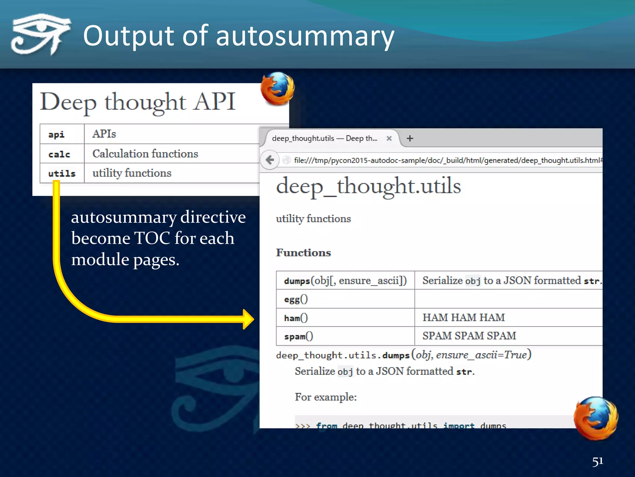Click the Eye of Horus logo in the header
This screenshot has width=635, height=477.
pyautogui.click(x=40, y=34)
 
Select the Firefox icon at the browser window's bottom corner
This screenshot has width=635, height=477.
pyautogui.click(x=595, y=418)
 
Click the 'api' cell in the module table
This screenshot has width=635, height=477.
pyautogui.click(x=56, y=134)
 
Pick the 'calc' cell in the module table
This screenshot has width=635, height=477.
pyautogui.click(x=59, y=154)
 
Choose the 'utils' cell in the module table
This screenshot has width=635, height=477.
pyautogui.click(x=62, y=173)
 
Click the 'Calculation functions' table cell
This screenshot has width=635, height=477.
pyautogui.click(x=145, y=154)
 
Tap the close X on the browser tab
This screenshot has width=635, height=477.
pyautogui.click(x=389, y=139)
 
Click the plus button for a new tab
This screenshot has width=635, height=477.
pyautogui.click(x=410, y=139)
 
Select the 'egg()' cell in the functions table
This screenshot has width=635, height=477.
pyautogui.click(x=296, y=299)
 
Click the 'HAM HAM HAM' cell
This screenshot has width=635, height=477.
pyautogui.click(x=464, y=317)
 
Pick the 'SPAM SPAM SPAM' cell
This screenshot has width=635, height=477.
pyautogui.click(x=469, y=336)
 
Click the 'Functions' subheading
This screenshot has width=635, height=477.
pyautogui.click(x=304, y=252)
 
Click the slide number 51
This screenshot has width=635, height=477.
pyautogui.click(x=597, y=461)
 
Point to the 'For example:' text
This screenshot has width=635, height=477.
pyautogui.click(x=326, y=397)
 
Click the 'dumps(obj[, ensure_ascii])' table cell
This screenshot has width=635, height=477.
pyautogui.click(x=345, y=281)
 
